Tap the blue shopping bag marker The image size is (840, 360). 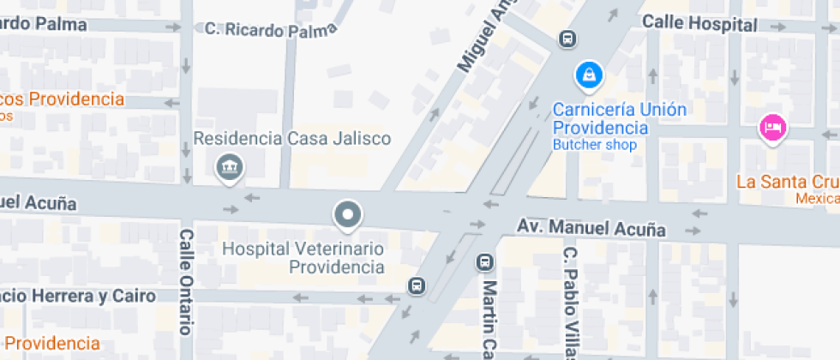(x=589, y=75)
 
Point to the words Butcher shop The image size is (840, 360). (x=594, y=145)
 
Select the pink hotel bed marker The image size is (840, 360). (x=772, y=129)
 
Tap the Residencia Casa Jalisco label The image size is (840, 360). (x=292, y=138)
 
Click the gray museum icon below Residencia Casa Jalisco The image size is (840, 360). (x=229, y=165)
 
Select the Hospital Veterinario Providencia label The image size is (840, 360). (x=303, y=257)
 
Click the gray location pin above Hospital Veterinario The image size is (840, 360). (x=347, y=214)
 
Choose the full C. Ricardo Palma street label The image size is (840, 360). (x=270, y=29)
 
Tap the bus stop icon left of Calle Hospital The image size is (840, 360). (x=567, y=38)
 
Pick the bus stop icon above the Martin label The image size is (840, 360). (x=483, y=261)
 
